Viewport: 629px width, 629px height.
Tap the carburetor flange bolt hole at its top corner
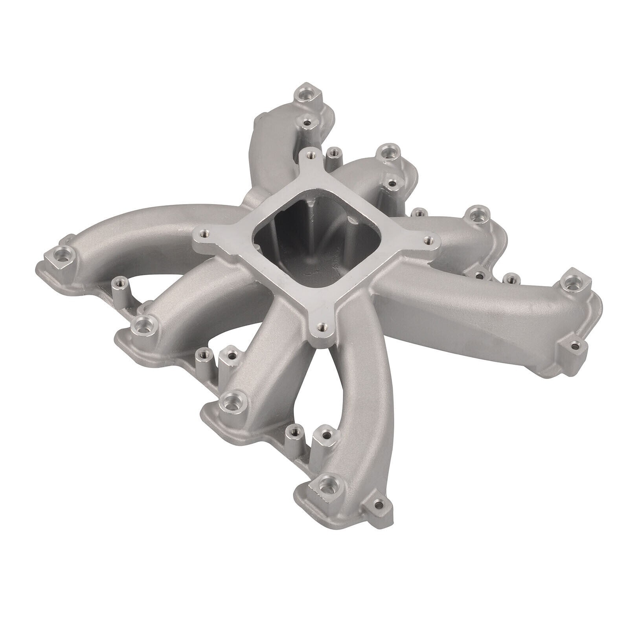tap(311, 156)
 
